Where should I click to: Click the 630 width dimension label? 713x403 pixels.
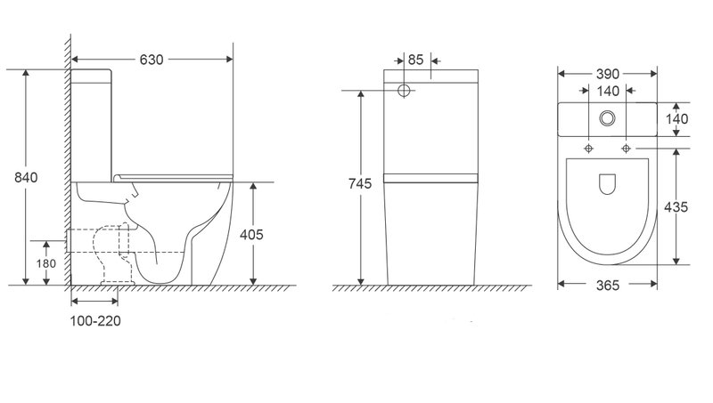(152, 60)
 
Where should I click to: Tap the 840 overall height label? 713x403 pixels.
(26, 177)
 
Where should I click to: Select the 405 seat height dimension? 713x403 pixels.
(251, 235)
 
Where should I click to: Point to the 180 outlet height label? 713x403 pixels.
(46, 263)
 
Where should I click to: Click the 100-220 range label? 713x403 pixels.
(95, 321)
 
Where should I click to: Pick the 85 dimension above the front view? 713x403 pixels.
(415, 60)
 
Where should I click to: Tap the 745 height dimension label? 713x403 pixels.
(360, 184)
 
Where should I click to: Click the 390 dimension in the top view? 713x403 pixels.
(608, 74)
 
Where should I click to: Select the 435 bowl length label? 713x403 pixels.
(676, 207)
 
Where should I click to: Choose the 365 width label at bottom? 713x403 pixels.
(608, 285)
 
